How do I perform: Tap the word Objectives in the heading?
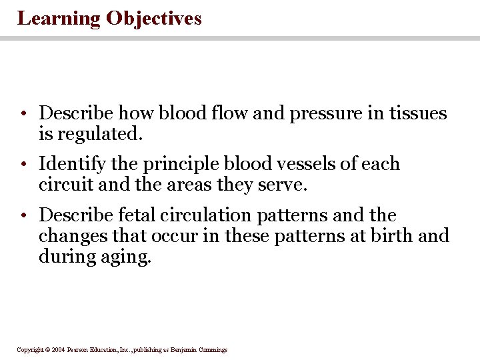click(153, 18)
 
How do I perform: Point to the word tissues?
click(417, 114)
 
